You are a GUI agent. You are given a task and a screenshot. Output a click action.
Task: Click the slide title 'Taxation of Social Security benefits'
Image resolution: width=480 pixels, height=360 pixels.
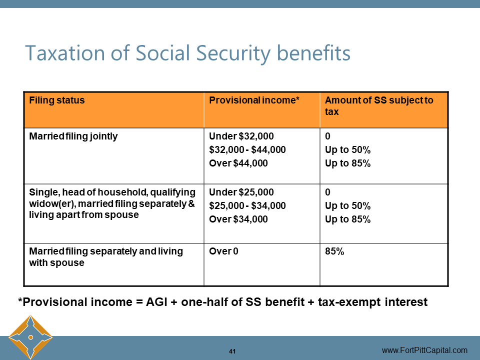pos(187,53)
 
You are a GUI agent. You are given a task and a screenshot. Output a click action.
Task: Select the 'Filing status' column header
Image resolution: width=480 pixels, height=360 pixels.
pos(57,100)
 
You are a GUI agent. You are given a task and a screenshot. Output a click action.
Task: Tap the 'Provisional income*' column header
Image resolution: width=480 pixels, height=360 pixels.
pos(254,100)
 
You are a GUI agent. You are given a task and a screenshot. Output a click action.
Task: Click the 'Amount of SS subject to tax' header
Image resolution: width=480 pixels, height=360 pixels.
pos(378,105)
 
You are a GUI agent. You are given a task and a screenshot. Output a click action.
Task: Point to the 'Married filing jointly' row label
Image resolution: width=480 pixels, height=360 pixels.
pos(73,136)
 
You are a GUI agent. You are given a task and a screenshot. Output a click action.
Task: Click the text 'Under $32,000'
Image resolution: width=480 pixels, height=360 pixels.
pos(241,136)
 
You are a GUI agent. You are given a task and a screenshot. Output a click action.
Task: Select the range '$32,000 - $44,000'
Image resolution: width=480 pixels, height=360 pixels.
pos(247,149)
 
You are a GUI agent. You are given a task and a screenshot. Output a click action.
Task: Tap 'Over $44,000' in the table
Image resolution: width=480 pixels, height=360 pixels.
pos(238,163)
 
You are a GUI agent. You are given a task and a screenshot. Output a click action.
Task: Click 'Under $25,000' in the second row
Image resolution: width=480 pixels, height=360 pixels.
pos(241,192)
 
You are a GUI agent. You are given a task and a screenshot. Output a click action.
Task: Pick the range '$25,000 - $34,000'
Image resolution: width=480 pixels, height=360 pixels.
pos(247,205)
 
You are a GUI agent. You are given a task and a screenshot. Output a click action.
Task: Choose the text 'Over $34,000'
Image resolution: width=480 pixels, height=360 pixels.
pos(238,219)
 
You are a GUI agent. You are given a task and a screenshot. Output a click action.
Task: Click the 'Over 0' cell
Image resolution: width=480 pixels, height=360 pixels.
pos(223,251)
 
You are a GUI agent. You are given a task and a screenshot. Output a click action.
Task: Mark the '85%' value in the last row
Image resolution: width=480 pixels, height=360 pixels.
pos(334,251)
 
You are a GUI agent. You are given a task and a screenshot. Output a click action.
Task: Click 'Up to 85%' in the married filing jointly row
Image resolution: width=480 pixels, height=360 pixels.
pos(347,163)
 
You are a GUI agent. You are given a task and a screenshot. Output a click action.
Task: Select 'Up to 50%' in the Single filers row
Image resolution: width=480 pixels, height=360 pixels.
pos(347,205)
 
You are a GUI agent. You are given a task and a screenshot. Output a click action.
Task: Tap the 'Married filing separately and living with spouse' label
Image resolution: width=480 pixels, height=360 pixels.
pos(106,257)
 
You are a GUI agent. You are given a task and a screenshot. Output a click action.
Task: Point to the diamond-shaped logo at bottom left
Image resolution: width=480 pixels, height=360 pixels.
pos(30,337)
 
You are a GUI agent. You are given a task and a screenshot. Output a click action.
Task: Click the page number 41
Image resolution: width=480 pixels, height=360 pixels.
pos(232,351)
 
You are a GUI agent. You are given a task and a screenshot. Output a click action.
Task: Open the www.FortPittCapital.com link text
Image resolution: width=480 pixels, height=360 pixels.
pos(424,350)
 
